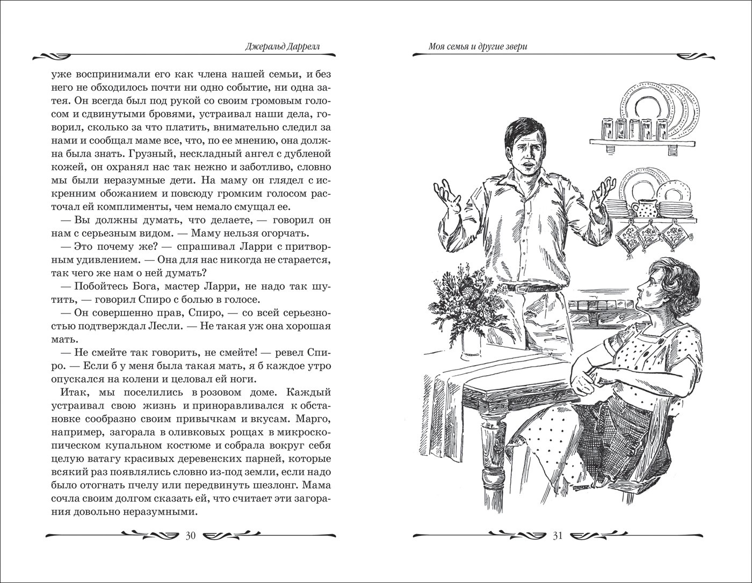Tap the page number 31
(556, 535)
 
